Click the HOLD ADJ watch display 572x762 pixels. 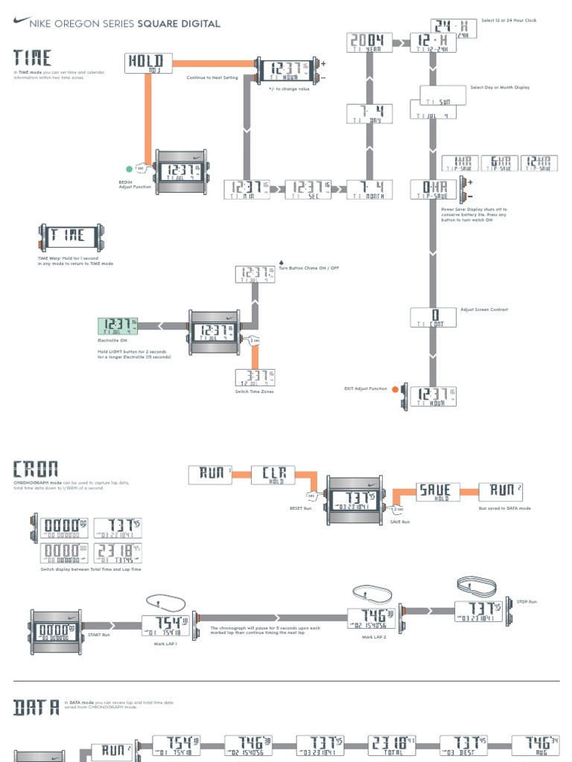[149, 64]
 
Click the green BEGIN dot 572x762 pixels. [129, 169]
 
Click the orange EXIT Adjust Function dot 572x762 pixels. [395, 388]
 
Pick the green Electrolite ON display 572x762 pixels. [118, 326]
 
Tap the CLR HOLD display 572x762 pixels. [273, 475]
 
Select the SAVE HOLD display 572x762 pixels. [436, 492]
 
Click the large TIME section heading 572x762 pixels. [32, 58]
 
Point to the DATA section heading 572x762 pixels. [36, 707]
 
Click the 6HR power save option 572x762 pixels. [498, 164]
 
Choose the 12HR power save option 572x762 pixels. [538, 164]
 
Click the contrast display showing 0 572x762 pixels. [433, 317]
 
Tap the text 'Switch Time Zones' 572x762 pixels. [254, 391]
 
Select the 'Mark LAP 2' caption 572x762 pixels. [372, 637]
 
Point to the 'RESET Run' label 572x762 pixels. [299, 508]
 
